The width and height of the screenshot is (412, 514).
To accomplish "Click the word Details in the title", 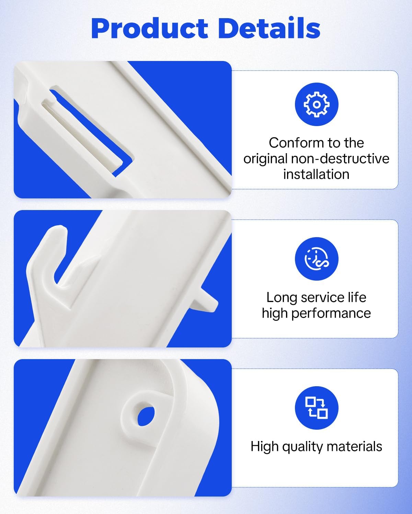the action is coord(269,28).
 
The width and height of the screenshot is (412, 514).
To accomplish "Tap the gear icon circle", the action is coord(317,105).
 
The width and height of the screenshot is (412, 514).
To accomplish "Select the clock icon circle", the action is coord(317,259).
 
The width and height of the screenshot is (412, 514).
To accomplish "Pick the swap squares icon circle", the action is coord(317,408).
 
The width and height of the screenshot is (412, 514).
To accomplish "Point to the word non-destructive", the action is coord(340,159).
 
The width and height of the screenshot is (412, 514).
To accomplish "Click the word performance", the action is coord(331,314).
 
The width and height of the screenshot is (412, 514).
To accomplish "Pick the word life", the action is coord(357,297).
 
